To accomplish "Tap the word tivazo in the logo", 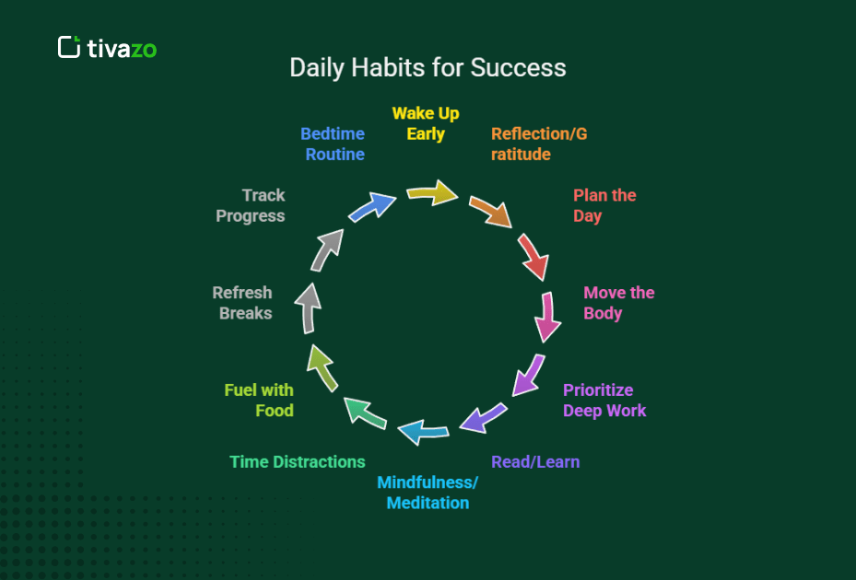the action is pyautogui.click(x=122, y=49).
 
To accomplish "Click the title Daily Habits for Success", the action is pyautogui.click(x=428, y=67).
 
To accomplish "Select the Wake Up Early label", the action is pyautogui.click(x=426, y=123).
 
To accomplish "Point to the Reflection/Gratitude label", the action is pyautogui.click(x=539, y=144).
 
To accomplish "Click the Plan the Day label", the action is pyautogui.click(x=604, y=205).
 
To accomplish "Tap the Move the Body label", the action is pyautogui.click(x=618, y=303).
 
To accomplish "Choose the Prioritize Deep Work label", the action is pyautogui.click(x=604, y=400).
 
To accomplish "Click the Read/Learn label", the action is pyautogui.click(x=535, y=461).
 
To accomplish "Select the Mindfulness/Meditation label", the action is pyautogui.click(x=428, y=493).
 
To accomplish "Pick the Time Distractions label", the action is pyautogui.click(x=298, y=461).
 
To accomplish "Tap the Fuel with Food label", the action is pyautogui.click(x=259, y=400).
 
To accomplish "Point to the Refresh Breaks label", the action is pyautogui.click(x=242, y=303).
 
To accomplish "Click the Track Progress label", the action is pyautogui.click(x=251, y=205).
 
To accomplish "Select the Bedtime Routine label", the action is pyautogui.click(x=333, y=144).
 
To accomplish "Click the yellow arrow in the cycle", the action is pyautogui.click(x=432, y=192).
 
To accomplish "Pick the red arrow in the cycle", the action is pyautogui.click(x=533, y=257).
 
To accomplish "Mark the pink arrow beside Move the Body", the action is pyautogui.click(x=547, y=318).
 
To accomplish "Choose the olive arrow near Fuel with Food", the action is pyautogui.click(x=322, y=367).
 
